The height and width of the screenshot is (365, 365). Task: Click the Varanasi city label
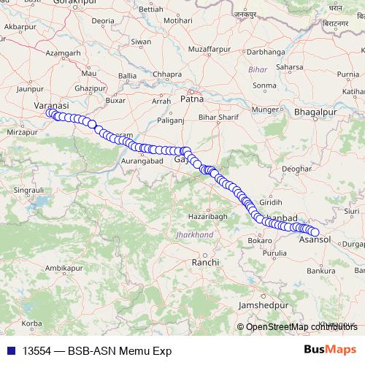51,105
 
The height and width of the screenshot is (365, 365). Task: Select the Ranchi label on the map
200,261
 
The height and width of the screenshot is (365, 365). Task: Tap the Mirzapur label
20,132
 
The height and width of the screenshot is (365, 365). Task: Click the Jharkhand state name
194,234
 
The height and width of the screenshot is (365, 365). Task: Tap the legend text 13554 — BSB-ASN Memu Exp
96,351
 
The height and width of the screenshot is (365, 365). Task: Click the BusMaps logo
330,350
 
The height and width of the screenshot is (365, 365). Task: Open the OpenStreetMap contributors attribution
301,326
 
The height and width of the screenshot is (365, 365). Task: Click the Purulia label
275,253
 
